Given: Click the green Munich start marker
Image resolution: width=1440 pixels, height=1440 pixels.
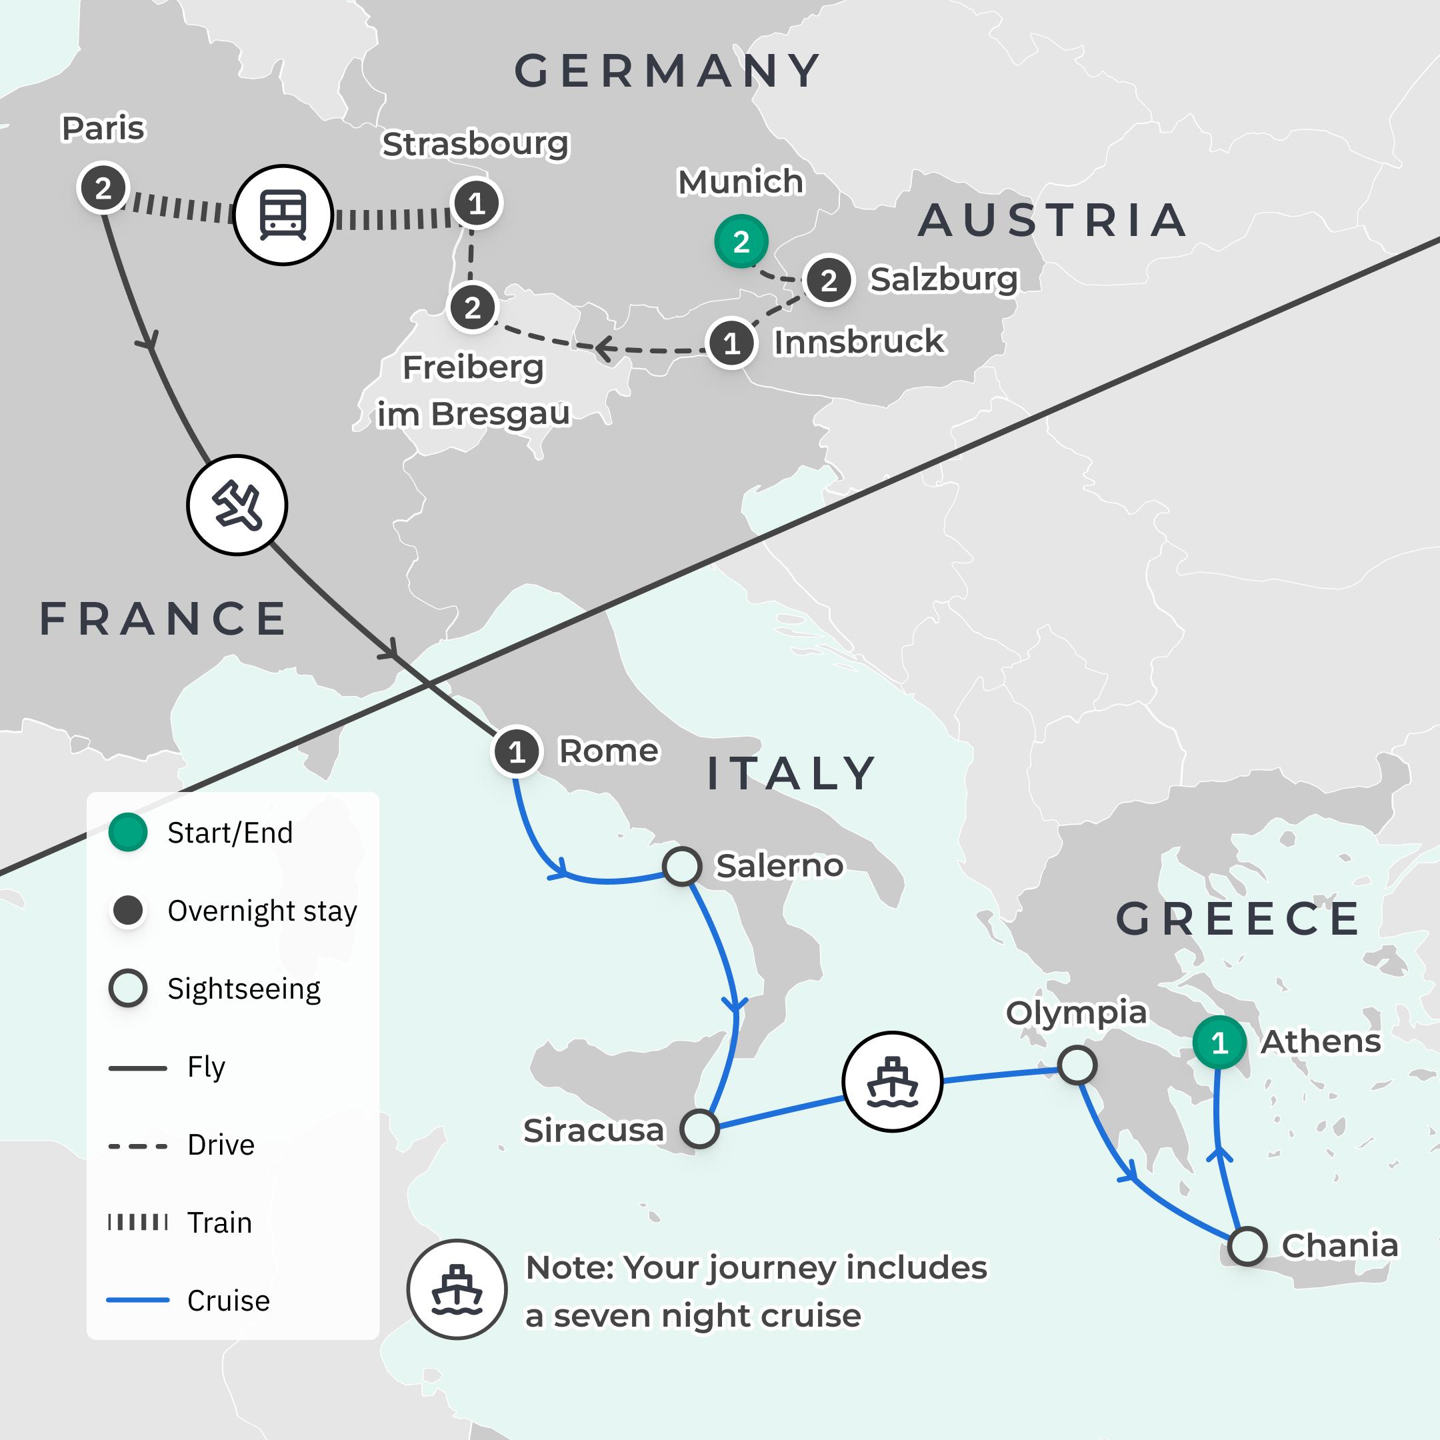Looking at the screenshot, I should coord(741,241).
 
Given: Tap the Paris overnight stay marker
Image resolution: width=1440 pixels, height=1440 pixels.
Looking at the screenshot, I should coord(103,188).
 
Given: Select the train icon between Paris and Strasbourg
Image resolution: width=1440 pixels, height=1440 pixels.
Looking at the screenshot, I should coord(283,215).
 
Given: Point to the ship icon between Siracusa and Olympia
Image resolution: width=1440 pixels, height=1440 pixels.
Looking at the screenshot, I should coord(892,1081).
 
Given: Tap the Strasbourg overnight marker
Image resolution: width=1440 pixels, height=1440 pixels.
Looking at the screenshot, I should coord(476,203).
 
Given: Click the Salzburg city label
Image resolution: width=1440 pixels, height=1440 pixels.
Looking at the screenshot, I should coord(943,279).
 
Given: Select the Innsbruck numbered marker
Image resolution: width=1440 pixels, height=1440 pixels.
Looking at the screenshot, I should coord(731,343).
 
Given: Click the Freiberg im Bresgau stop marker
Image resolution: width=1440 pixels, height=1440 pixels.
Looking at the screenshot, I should coord(473,307).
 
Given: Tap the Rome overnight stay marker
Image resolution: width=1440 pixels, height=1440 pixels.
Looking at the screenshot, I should coord(517,752).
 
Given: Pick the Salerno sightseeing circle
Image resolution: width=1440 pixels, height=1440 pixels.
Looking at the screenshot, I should coord(682,866).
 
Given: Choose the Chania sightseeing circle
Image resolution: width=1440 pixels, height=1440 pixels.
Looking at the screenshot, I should coord(1247,1245).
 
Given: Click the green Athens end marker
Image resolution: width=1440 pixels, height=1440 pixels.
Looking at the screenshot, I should coord(1219,1043).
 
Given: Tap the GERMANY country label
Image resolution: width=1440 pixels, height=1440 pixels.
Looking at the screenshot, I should coord(669,71).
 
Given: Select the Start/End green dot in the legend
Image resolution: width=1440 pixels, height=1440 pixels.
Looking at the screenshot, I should coord(127,833).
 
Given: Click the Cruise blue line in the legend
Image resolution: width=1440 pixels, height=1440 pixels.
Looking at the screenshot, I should coord(138,1301).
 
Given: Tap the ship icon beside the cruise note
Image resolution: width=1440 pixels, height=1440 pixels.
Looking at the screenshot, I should coord(457,1289).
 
